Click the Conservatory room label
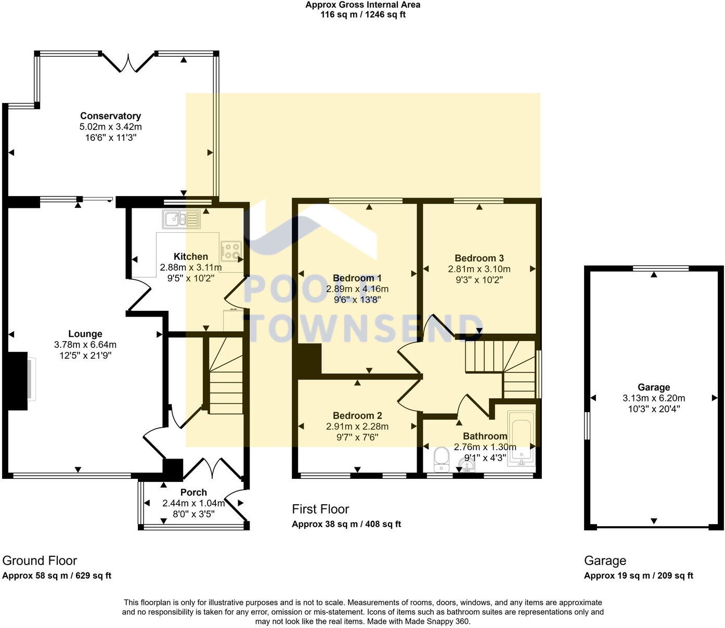point(110,116)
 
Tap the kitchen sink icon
point(181,219)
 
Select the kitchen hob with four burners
point(231,251)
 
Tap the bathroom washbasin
point(466,464)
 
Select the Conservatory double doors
point(128,62)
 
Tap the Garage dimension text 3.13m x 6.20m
point(654,398)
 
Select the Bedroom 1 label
point(357,278)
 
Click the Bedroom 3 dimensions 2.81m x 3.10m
point(479,269)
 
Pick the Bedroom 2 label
point(357,415)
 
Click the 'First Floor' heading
point(320,509)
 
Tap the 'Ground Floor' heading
point(40,560)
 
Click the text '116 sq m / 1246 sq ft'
point(363,15)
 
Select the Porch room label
point(193,492)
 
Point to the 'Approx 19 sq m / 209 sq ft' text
point(638,575)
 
